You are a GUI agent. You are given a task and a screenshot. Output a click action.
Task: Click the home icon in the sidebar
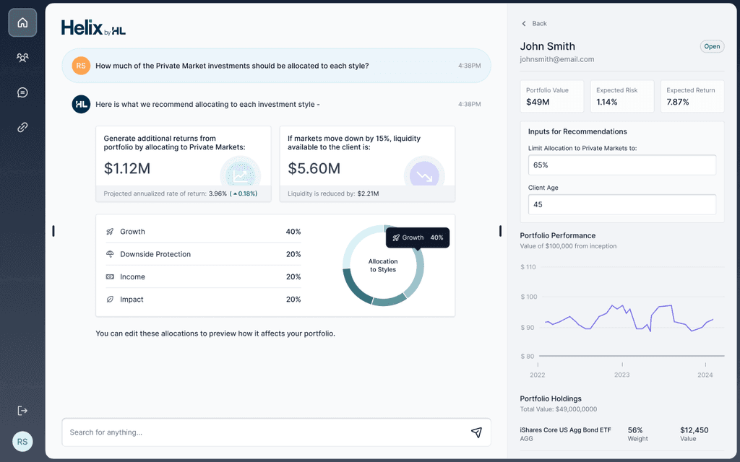point(22,22)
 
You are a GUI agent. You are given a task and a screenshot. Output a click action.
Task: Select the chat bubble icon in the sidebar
point(22,92)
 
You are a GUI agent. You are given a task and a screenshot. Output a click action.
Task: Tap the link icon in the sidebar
point(22,127)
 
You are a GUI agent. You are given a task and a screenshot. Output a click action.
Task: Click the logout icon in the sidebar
point(22,411)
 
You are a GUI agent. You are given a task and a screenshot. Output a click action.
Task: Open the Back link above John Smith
point(534,24)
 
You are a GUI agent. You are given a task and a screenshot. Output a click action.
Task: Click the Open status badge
point(712,46)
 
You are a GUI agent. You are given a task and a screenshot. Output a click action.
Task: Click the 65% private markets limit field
point(621,165)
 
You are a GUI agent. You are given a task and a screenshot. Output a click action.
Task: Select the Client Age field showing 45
point(621,204)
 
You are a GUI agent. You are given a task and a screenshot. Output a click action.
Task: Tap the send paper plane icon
point(476,432)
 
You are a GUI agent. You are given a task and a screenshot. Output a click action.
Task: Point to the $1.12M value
point(127,168)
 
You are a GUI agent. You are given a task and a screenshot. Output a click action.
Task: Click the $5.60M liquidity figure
point(314,168)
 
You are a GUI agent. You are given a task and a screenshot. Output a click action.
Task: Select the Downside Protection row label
point(155,254)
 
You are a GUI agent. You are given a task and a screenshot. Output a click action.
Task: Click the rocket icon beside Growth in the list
point(110,232)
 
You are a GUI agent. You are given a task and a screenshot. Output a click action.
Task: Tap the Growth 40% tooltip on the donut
point(418,237)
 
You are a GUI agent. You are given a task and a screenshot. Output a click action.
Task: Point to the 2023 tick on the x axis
point(621,375)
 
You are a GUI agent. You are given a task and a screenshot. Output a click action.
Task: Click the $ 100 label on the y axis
point(528,297)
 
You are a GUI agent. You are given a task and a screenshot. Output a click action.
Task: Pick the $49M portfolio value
point(538,102)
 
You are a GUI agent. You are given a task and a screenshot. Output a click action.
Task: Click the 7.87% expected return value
point(678,102)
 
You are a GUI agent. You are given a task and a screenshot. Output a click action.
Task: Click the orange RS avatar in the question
point(81,66)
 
